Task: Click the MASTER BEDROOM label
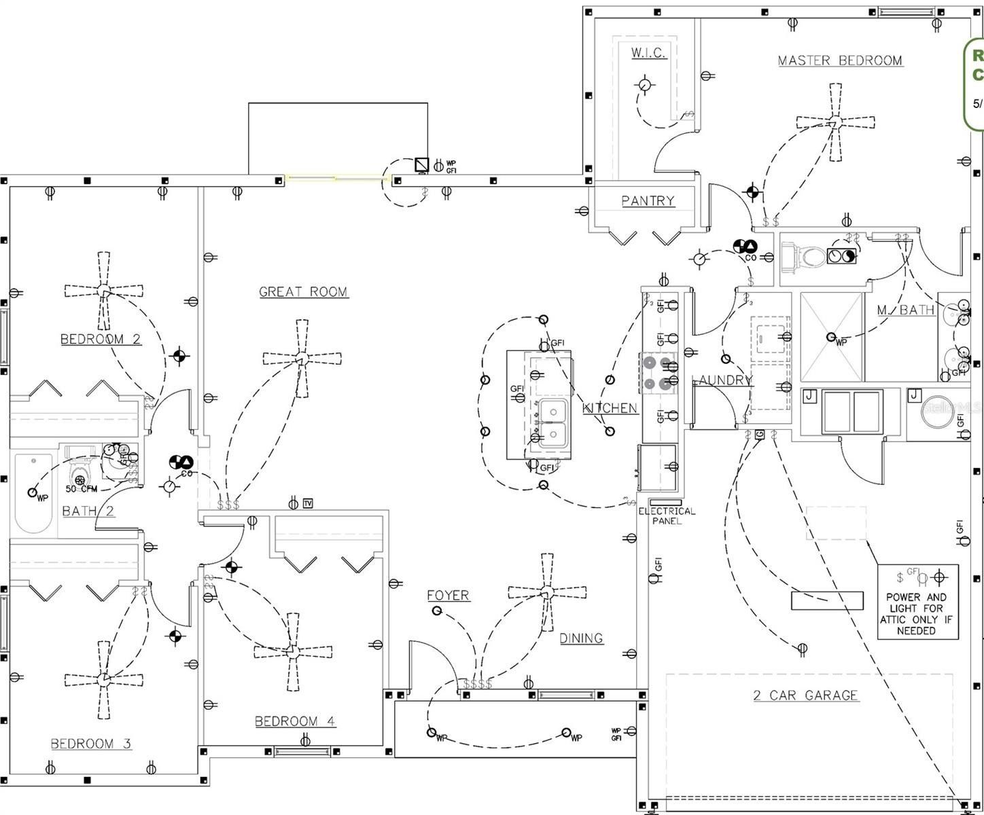pos(840,60)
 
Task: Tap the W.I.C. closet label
pos(648,52)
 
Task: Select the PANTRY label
pos(648,200)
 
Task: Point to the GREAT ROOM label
pos(303,291)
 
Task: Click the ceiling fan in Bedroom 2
pos(103,291)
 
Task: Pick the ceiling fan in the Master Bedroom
pos(835,122)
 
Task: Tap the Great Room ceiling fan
pos(301,357)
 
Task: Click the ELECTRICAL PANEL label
pos(667,515)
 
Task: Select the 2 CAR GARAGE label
pos(805,695)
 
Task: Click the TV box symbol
pos(308,503)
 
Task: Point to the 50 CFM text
pos(82,488)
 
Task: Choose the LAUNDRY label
pos(722,380)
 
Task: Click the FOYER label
pos(448,595)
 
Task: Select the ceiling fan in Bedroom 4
pos(292,651)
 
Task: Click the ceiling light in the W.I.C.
pos(644,86)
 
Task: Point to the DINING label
pos(581,638)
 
